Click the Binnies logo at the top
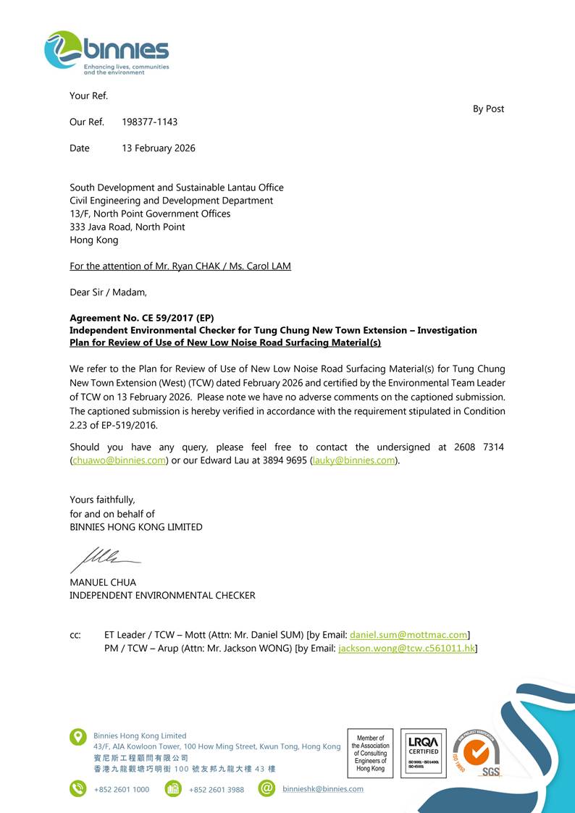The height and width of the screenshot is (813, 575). (106, 52)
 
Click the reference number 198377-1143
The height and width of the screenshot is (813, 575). (150, 122)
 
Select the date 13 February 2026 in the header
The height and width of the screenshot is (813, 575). (159, 148)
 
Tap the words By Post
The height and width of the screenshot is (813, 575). (488, 109)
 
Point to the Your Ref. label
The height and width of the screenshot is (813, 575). (88, 96)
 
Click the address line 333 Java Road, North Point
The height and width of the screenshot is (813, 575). (127, 227)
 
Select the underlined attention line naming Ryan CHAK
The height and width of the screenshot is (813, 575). (180, 266)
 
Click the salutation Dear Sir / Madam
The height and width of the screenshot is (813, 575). (108, 292)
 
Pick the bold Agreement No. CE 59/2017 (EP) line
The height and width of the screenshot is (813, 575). (142, 318)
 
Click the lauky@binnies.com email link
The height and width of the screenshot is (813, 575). (354, 460)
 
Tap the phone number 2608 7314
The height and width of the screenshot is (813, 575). (479, 447)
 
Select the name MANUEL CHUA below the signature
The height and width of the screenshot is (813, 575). (103, 582)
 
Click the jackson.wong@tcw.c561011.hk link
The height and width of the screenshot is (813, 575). (406, 648)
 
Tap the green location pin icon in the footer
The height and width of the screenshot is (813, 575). (78, 737)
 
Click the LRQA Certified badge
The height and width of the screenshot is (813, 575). (423, 753)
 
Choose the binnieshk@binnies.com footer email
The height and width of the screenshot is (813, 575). (323, 788)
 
